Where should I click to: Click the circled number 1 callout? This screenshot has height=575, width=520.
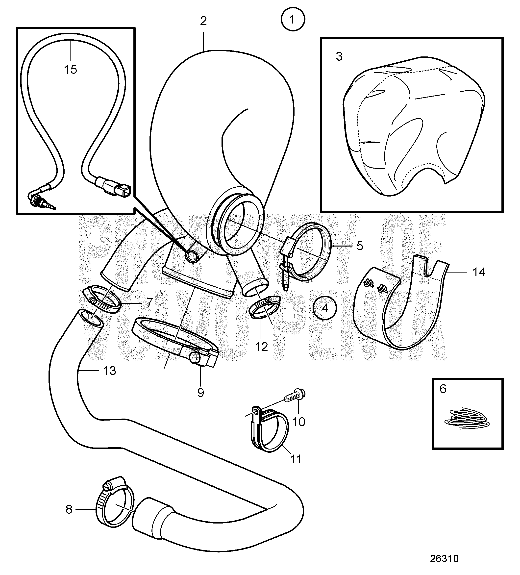(293, 19)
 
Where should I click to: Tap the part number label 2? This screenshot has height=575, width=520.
(203, 21)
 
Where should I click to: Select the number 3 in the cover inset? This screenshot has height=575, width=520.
(339, 56)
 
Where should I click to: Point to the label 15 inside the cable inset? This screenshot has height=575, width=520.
(71, 69)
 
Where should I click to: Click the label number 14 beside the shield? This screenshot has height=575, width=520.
(479, 272)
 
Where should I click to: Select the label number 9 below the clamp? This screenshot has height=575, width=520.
(200, 393)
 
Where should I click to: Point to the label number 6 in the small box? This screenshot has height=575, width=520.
(443, 389)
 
